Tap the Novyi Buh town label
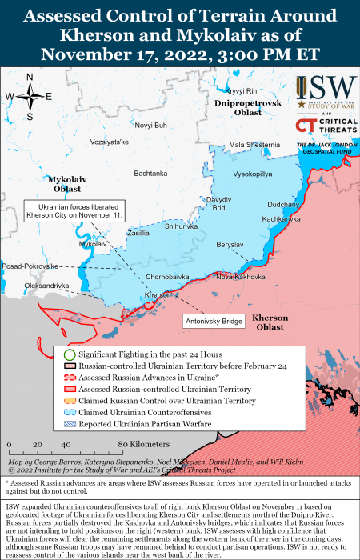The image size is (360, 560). point(151,126)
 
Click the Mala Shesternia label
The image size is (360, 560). point(254,145)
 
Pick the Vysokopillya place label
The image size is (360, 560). point(252,174)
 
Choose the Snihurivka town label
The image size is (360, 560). point(181,226)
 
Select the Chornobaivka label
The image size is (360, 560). point(166,277)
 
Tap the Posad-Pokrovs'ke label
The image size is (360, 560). point(31,266)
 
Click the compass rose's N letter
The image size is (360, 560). point(30,77)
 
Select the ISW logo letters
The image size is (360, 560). point(330,93)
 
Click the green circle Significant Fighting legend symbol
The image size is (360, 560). point(70,354)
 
